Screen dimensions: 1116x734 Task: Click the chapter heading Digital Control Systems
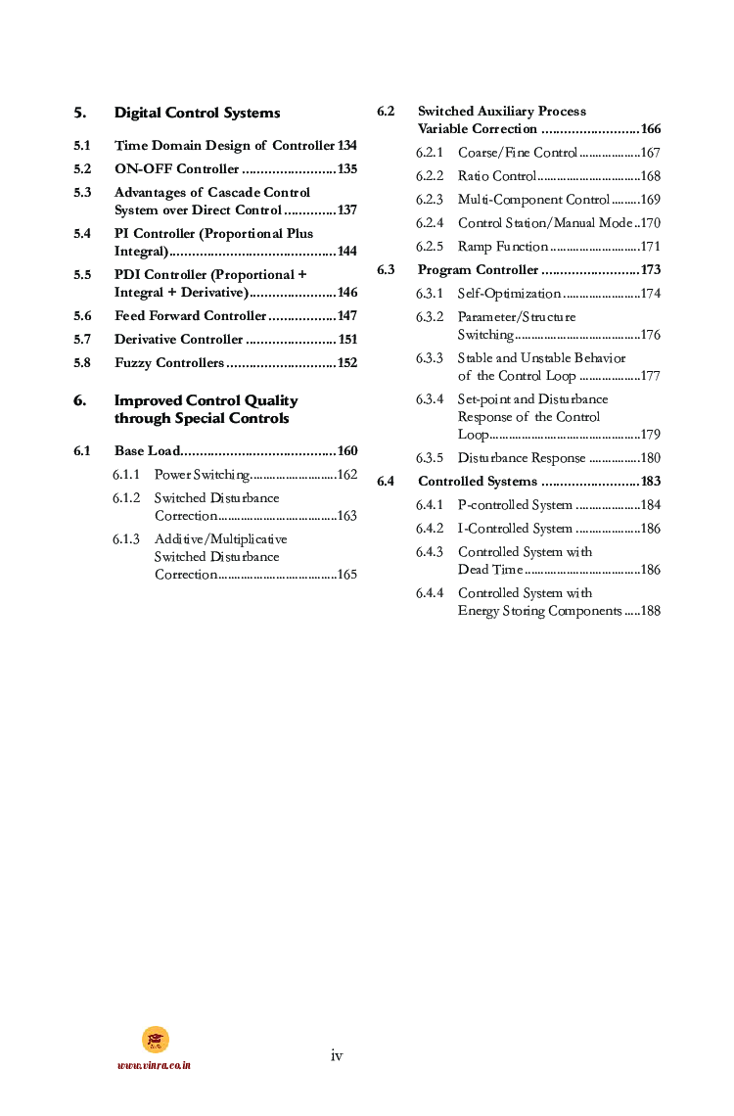197,113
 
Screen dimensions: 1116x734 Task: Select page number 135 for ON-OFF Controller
346,169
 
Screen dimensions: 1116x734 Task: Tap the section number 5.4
82,234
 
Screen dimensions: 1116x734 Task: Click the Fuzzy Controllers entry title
168,363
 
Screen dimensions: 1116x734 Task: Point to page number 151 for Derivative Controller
346,340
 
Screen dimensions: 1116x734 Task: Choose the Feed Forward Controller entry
190,316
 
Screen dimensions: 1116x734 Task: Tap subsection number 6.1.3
125,539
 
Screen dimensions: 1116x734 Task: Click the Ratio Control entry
496,176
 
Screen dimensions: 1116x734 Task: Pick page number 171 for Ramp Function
650,247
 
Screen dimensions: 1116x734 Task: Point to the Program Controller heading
478,270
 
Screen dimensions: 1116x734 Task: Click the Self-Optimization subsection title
509,294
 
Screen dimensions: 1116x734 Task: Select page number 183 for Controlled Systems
650,482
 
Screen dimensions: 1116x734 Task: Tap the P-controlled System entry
515,505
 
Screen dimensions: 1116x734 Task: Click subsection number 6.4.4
429,593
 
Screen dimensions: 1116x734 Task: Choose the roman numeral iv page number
337,1055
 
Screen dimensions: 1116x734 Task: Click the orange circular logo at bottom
155,1040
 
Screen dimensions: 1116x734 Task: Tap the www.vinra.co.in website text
154,1065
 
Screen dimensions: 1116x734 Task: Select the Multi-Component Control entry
533,200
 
